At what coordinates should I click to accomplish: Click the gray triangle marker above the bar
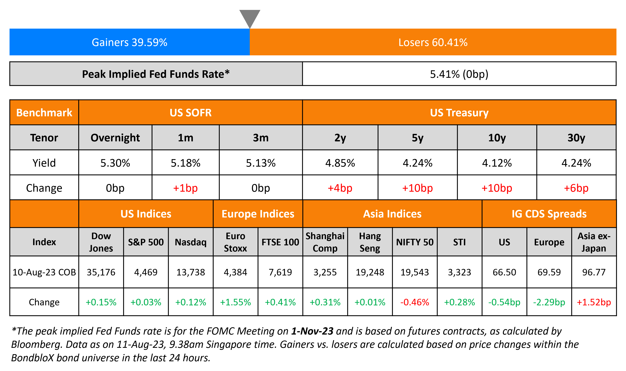(x=250, y=18)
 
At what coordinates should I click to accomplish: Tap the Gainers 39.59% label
(x=129, y=42)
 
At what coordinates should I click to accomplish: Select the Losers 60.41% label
(x=433, y=42)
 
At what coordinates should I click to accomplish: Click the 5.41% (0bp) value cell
(x=459, y=74)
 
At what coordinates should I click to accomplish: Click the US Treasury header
(x=459, y=113)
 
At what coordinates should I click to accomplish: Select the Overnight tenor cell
(x=115, y=138)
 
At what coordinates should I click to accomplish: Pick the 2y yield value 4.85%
(x=340, y=163)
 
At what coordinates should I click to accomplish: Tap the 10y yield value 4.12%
(x=497, y=163)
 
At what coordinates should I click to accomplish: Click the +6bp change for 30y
(x=576, y=188)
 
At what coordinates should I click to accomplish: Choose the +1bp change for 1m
(x=185, y=188)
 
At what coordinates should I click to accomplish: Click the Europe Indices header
(x=258, y=214)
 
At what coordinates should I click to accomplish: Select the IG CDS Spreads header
(x=549, y=214)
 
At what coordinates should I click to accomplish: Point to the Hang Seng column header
(x=370, y=242)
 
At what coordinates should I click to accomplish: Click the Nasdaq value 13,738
(x=191, y=272)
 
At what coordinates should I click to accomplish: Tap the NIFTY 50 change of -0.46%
(x=414, y=302)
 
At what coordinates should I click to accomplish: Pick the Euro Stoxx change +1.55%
(x=235, y=302)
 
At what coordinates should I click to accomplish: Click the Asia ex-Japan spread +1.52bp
(x=594, y=302)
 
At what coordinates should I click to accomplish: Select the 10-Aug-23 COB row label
(x=44, y=272)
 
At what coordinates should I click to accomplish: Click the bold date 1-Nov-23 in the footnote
(x=312, y=331)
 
